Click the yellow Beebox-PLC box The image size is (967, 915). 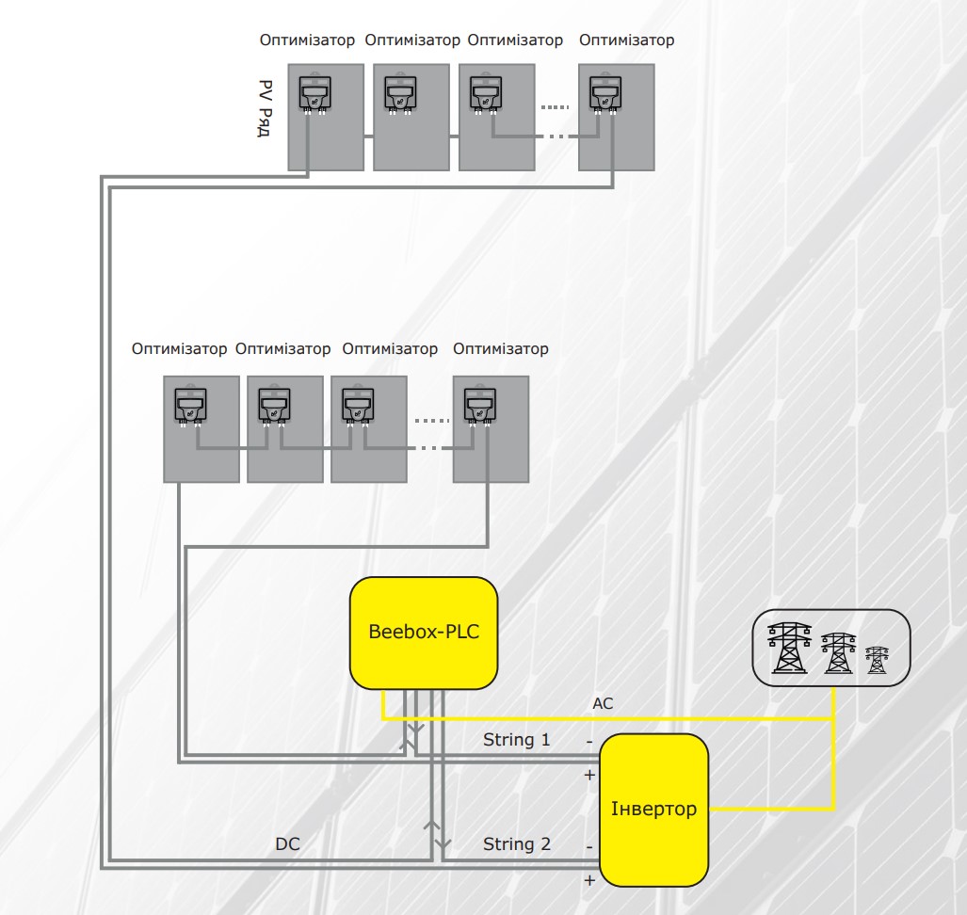pos(424,632)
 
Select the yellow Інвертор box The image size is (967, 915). pos(653,810)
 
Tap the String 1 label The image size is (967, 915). pos(516,740)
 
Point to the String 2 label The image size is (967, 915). pos(516,844)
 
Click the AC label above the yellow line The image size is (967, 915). pos(603,703)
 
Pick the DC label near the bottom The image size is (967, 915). pos(287,844)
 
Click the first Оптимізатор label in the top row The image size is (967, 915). pos(307,40)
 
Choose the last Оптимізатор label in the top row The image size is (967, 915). pos(626,40)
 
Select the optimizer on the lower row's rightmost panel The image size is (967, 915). pos(479,407)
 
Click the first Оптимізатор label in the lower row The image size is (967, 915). pos(179,349)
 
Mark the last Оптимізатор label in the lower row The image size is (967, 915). pos(500,349)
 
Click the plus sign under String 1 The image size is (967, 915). pos(590,776)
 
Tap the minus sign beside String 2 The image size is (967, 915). pos(589,847)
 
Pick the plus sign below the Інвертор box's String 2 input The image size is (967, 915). pos(590,881)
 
